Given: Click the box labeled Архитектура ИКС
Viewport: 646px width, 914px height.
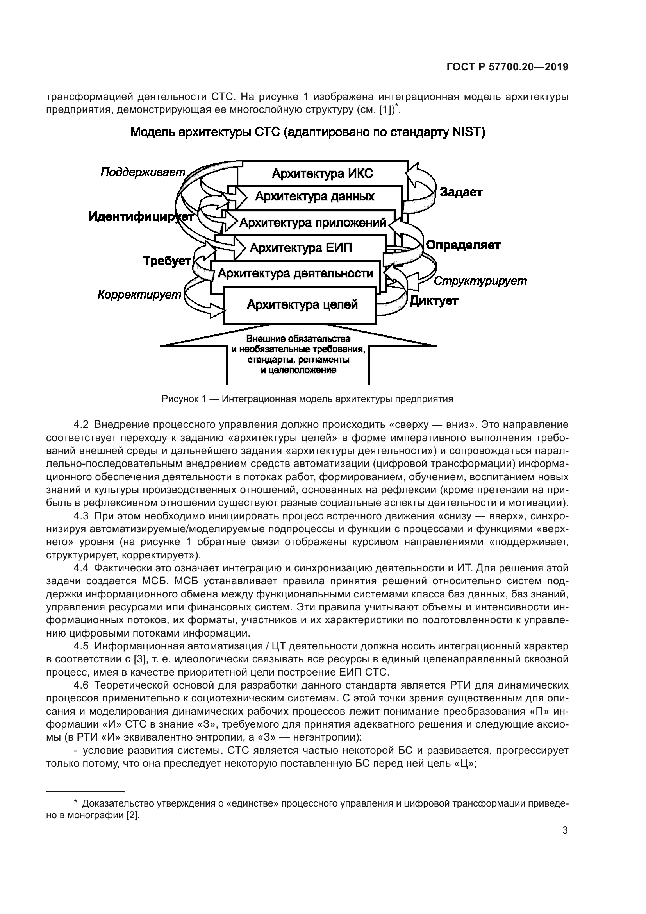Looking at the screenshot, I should (322, 173).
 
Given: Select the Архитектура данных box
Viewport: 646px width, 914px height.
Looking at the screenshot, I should (315, 197).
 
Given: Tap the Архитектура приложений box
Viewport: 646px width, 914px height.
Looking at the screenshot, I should (313, 222).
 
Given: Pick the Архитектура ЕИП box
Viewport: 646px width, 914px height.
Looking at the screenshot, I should (301, 248).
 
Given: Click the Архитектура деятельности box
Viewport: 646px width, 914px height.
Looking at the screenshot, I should (296, 274).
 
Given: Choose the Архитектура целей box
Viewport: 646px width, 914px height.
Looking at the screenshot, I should (302, 305).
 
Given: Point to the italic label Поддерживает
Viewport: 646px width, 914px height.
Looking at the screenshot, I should (143, 172).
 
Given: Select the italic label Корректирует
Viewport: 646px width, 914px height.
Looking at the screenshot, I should (139, 295).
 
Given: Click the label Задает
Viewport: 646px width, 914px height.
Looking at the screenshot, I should (461, 192).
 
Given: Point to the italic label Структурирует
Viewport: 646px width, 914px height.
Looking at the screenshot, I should (480, 281).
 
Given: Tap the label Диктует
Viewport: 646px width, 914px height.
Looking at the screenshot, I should (434, 301).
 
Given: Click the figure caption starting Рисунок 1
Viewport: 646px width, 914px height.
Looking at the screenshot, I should (307, 399).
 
